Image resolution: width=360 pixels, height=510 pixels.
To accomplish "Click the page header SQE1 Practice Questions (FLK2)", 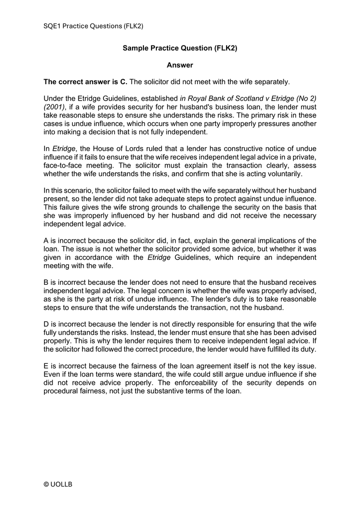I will (x=97, y=26).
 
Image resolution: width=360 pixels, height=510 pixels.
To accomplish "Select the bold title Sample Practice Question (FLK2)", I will (x=179, y=49).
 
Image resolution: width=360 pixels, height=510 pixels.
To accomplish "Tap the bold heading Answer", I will (x=179, y=65).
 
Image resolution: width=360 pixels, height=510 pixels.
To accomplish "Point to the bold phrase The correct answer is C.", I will (x=85, y=82).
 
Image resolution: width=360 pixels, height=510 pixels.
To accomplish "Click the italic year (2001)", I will (x=54, y=107).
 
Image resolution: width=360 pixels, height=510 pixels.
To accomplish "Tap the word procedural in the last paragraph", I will (x=62, y=391).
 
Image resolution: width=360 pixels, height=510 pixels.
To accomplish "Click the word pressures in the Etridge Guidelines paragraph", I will (x=270, y=124).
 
